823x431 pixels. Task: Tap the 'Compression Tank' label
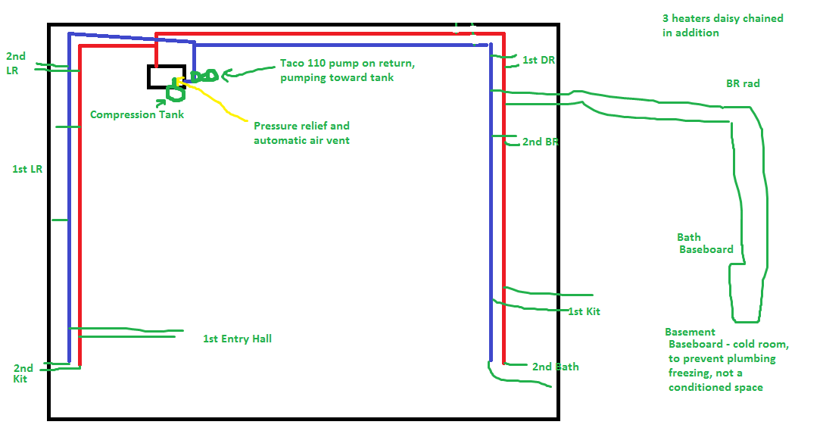click(x=137, y=114)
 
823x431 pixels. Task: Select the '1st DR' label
click(x=538, y=60)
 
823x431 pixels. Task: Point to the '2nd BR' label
click(x=540, y=142)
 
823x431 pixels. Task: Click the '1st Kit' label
click(x=585, y=311)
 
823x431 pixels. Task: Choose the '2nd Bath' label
click(x=555, y=367)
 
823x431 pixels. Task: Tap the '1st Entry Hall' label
click(x=237, y=339)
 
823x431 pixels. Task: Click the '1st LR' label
click(x=27, y=169)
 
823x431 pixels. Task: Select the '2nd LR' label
click(x=16, y=63)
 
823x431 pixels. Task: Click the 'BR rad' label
click(x=743, y=83)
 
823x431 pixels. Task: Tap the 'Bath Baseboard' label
click(x=705, y=244)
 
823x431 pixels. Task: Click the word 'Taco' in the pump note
click(x=291, y=63)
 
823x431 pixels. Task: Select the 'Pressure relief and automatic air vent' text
click(x=302, y=133)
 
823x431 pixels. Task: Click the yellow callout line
click(x=213, y=100)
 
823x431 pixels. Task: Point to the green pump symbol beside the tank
click(x=204, y=77)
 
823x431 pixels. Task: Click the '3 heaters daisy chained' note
click(x=723, y=18)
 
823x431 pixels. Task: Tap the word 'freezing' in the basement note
click(x=689, y=373)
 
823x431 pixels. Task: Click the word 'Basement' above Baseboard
click(x=690, y=332)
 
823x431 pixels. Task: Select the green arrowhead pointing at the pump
click(x=226, y=76)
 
